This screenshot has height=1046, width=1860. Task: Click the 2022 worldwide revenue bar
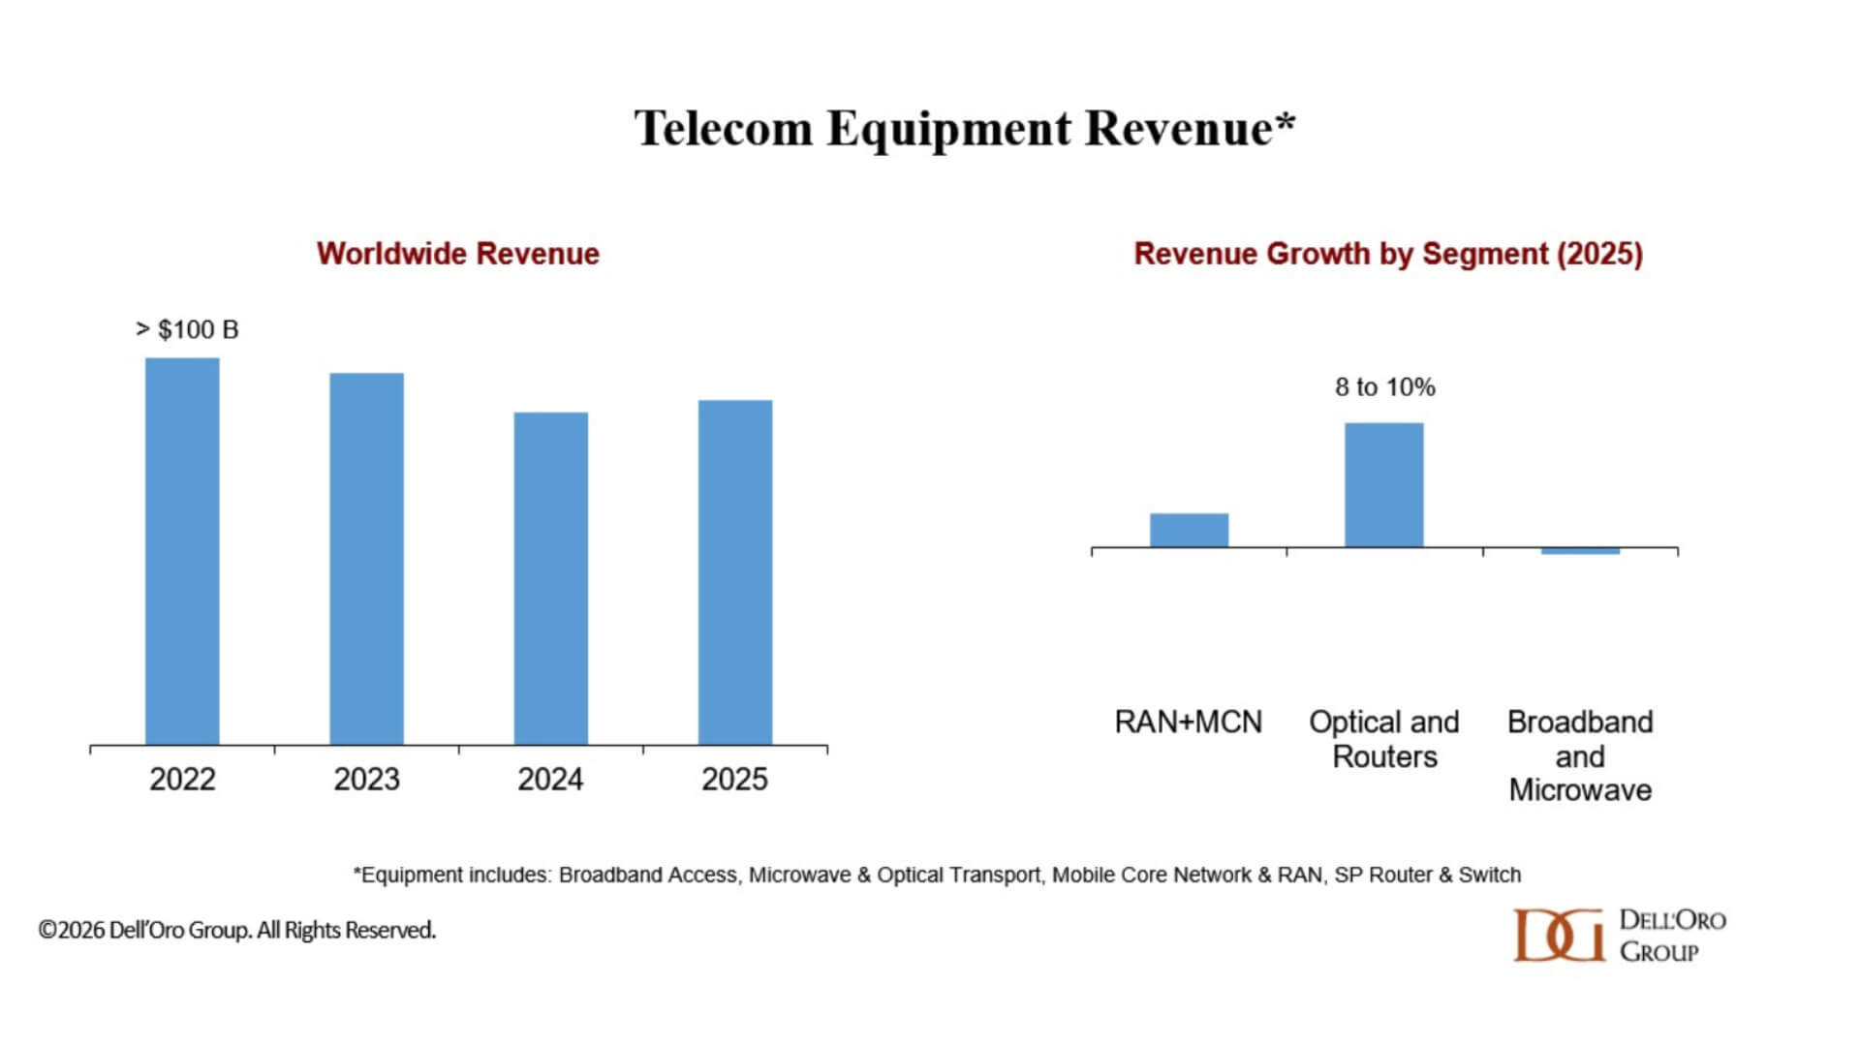(182, 552)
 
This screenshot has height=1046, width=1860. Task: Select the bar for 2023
(366, 559)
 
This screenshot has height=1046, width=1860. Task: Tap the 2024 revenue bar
(550, 578)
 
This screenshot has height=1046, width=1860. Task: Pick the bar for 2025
(734, 572)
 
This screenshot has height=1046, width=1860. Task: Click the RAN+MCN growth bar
(1189, 531)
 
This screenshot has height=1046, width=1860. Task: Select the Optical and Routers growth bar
(1383, 485)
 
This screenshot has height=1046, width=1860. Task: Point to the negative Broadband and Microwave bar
(1580, 551)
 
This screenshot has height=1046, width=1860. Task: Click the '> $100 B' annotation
(187, 330)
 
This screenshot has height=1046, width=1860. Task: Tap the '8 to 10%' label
(1384, 387)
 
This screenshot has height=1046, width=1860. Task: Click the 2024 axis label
(550, 780)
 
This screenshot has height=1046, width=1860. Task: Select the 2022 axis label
(182, 780)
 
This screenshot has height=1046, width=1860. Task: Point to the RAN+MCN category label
(1188, 723)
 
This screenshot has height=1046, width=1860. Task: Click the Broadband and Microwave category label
(1580, 756)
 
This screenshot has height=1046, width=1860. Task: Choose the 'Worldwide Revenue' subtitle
(457, 254)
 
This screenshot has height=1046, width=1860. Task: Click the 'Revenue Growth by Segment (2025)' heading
(1388, 254)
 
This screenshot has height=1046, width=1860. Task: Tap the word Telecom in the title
(723, 129)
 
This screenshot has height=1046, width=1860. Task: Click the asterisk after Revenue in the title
(1285, 122)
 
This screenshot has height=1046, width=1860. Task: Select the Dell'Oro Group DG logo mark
(1558, 936)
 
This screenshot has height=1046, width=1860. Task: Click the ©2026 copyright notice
(236, 931)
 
